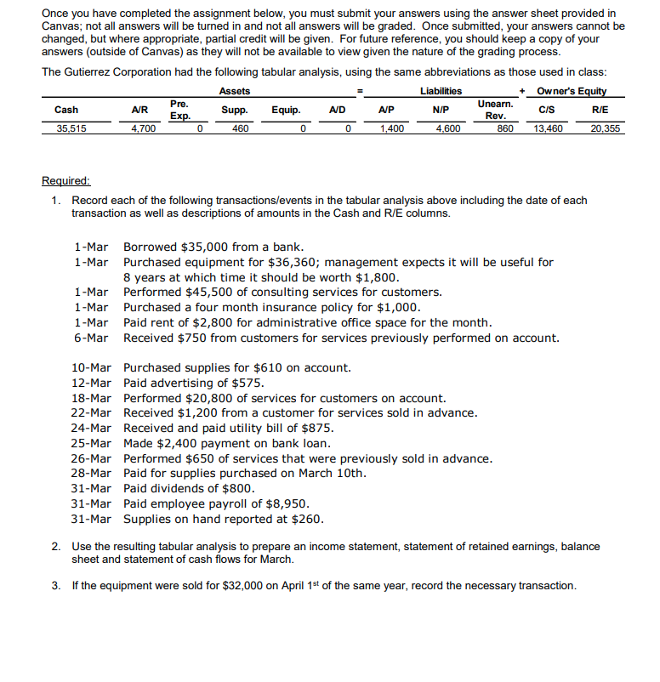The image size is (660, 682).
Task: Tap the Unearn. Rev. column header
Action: [x=495, y=109]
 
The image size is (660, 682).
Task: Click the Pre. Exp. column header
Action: [x=179, y=109]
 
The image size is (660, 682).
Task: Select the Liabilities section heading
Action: [x=441, y=91]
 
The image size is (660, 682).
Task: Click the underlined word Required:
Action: [x=65, y=180]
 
